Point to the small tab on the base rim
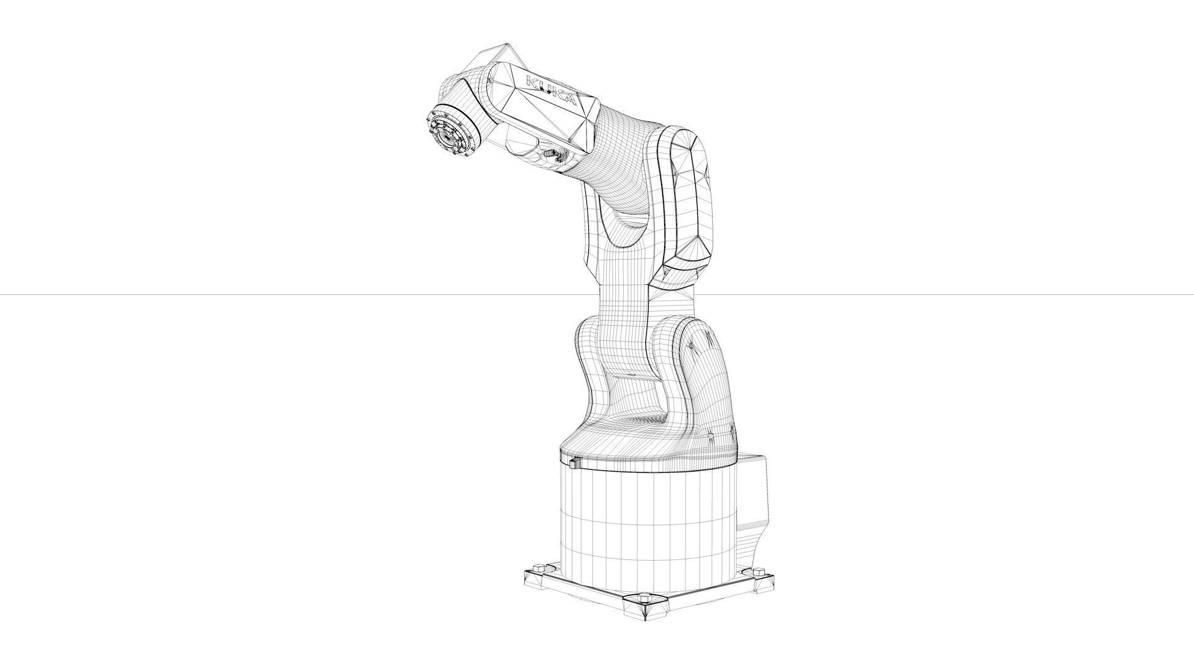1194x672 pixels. tap(572, 462)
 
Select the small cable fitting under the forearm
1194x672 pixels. tap(550, 153)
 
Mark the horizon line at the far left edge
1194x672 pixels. tap(3, 294)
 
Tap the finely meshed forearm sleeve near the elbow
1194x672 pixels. tap(622, 156)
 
